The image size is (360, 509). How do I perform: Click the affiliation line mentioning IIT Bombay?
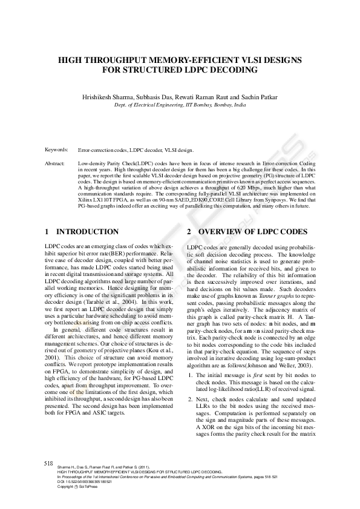(180, 105)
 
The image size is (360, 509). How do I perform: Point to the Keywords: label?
(56, 149)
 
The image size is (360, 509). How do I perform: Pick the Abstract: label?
(55, 163)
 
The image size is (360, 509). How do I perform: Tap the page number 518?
(50, 462)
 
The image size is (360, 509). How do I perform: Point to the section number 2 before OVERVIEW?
(189, 232)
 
